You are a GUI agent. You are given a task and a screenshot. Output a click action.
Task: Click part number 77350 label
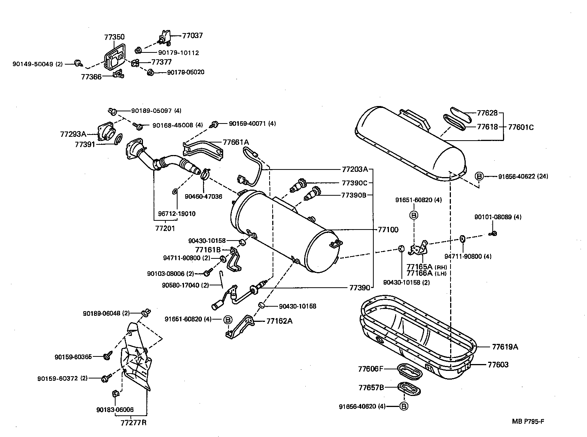tap(114, 37)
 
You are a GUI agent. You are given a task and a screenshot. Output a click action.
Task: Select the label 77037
tap(192, 35)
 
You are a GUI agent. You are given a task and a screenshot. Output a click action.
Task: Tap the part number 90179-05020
tap(186, 72)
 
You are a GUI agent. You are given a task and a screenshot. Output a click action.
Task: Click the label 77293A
tap(73, 134)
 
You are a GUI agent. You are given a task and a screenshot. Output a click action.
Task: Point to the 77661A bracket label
tap(236, 142)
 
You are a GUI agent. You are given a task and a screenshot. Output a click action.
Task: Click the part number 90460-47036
tap(203, 196)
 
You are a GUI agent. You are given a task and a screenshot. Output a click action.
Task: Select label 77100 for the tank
tap(388, 230)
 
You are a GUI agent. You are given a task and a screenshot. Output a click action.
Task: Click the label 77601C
tap(521, 127)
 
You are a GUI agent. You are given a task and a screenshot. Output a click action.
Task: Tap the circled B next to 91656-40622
tap(479, 176)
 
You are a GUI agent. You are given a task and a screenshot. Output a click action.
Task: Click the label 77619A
tap(505, 347)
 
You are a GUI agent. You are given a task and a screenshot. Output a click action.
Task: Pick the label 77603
tap(498, 365)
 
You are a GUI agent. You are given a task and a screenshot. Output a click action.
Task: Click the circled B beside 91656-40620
tap(404, 406)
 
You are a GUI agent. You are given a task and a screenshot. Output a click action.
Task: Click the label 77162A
tap(279, 321)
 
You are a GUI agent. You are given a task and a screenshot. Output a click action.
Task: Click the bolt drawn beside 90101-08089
tap(493, 233)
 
